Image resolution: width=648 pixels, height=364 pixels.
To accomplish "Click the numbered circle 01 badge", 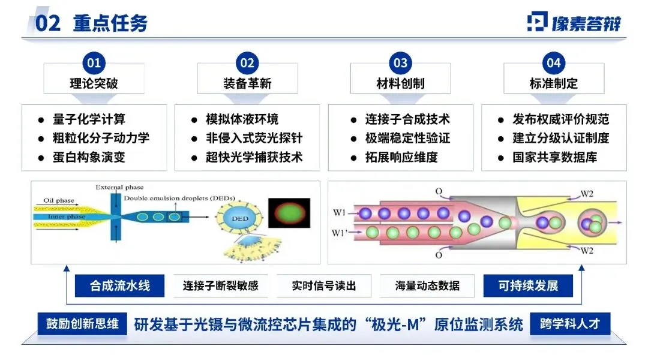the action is pyautogui.click(x=94, y=63).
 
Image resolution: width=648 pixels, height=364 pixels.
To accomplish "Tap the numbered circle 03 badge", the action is pyautogui.click(x=400, y=63).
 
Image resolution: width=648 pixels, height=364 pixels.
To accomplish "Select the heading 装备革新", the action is pyautogui.click(x=247, y=83).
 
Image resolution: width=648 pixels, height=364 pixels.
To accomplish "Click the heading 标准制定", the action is pyautogui.click(x=554, y=83).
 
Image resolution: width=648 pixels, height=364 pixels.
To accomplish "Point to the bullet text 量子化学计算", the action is pyautogui.click(x=89, y=119).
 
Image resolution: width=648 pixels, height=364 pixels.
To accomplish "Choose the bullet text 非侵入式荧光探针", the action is pyautogui.click(x=254, y=138).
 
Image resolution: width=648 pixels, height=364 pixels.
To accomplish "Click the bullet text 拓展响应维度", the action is pyautogui.click(x=401, y=157).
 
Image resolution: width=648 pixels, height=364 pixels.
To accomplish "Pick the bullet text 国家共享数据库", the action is pyautogui.click(x=555, y=157).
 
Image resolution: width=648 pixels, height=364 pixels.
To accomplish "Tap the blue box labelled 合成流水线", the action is pyautogui.click(x=119, y=285).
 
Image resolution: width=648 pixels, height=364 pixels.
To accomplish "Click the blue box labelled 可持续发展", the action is pyautogui.click(x=528, y=285).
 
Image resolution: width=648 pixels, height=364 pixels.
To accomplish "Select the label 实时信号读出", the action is pyautogui.click(x=323, y=285).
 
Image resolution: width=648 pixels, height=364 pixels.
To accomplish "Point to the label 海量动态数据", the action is pyautogui.click(x=427, y=285).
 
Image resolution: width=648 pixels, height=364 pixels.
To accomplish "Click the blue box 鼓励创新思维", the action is pyautogui.click(x=82, y=323).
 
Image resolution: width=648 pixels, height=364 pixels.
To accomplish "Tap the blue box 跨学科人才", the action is pyautogui.click(x=570, y=323).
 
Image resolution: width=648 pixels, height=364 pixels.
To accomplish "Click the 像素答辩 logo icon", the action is pyautogui.click(x=537, y=22).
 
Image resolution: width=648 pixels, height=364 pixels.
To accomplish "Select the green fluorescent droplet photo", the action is pyautogui.click(x=289, y=213).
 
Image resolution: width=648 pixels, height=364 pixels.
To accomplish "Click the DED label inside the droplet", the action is pyautogui.click(x=240, y=218).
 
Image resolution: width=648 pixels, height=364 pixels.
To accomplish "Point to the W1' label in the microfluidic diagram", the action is pyautogui.click(x=339, y=233).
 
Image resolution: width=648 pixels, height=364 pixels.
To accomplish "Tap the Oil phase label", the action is pyautogui.click(x=59, y=200).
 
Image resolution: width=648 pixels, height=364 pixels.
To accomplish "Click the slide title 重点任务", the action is pyautogui.click(x=110, y=23).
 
